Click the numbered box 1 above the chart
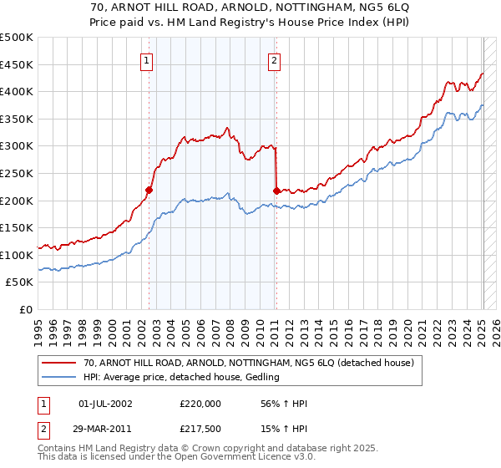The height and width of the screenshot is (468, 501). (x=146, y=59)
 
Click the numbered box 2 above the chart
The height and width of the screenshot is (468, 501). (x=274, y=59)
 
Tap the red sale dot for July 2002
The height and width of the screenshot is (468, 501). (x=149, y=190)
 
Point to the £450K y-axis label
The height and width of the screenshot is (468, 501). (x=16, y=65)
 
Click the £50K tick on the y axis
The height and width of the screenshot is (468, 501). (x=20, y=282)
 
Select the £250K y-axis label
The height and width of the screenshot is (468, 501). (x=16, y=174)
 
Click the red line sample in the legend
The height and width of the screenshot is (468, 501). (x=59, y=363)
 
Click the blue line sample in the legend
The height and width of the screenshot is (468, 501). (x=59, y=377)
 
